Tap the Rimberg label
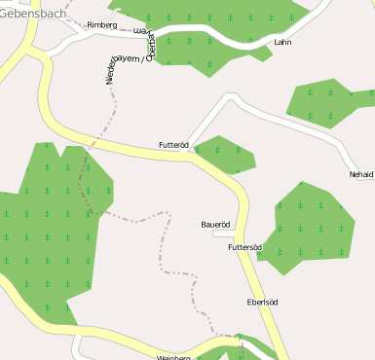click(101, 24)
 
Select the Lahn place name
click(283, 43)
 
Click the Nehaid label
click(360, 174)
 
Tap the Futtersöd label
click(244, 247)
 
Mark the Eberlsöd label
click(263, 303)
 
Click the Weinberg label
click(172, 357)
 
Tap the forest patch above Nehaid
click(329, 100)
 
